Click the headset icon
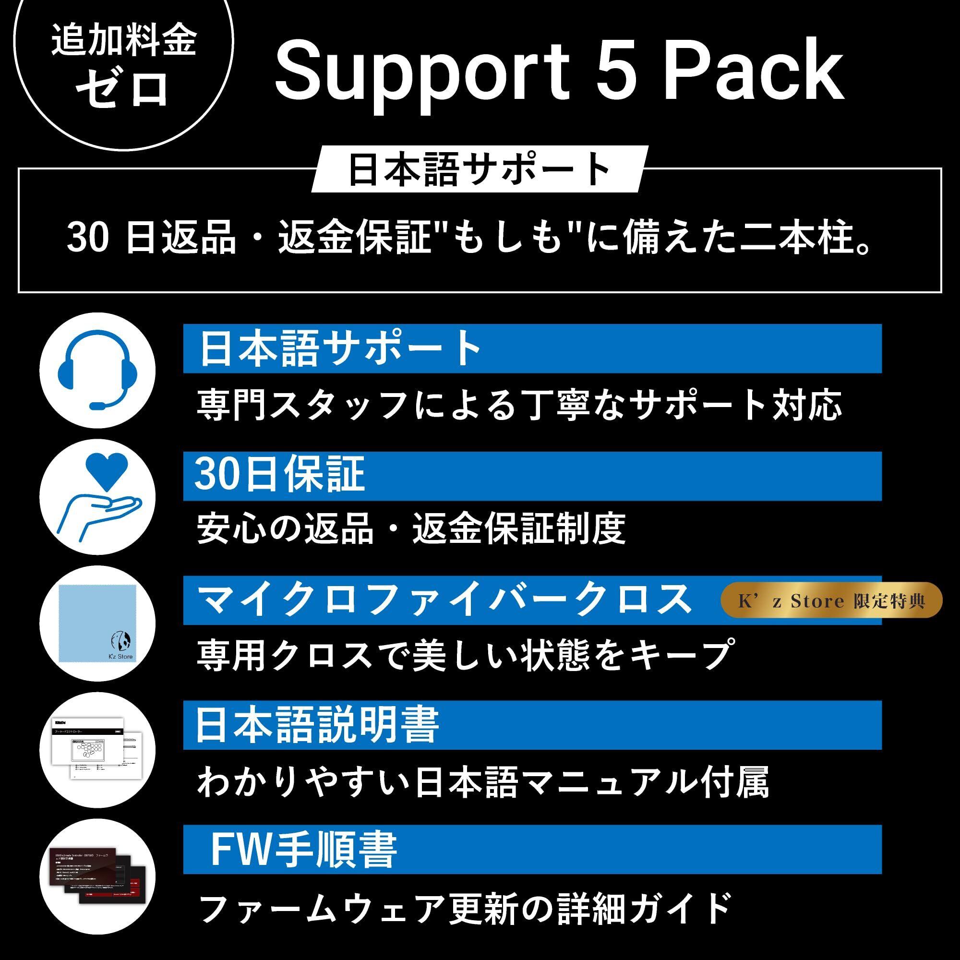point(97,370)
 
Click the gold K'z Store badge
point(831,601)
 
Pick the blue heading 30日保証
point(279,475)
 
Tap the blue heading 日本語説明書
point(318,725)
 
